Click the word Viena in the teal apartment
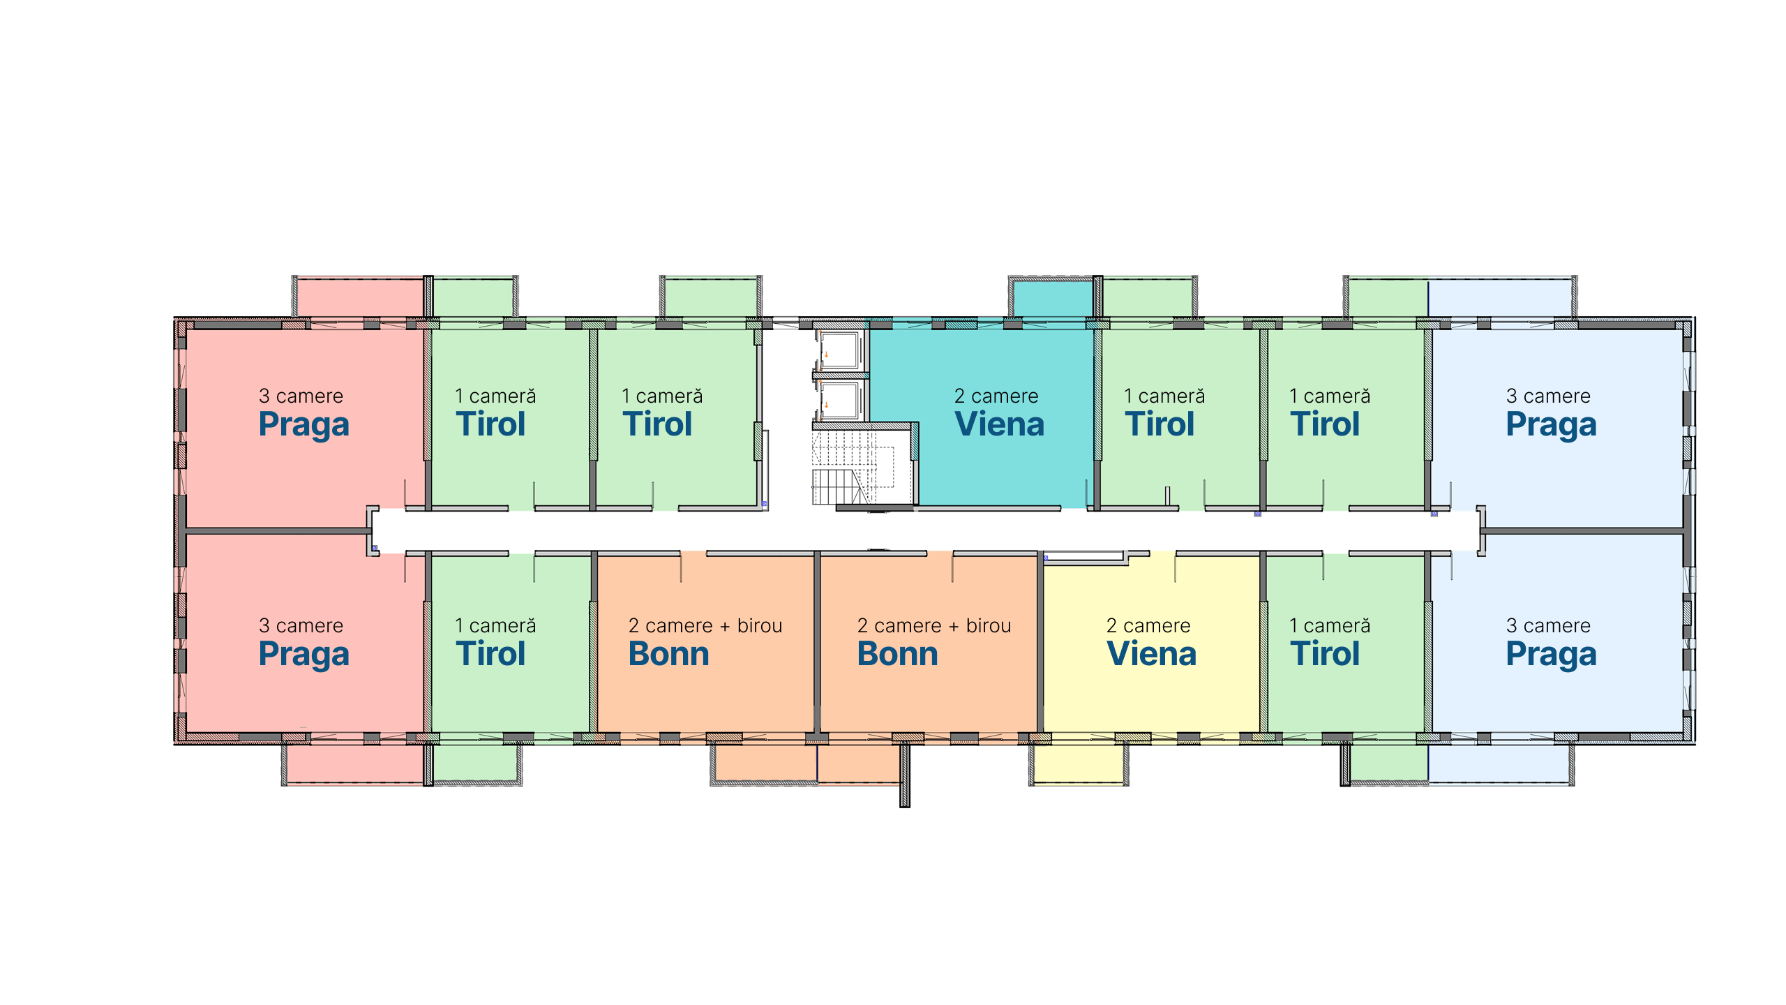[x=999, y=424]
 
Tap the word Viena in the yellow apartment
[x=1151, y=654]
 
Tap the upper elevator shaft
[x=841, y=351]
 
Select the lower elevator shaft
[x=841, y=401]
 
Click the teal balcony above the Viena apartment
[x=1053, y=298]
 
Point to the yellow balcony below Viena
[x=1078, y=764]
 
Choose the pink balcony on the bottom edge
[x=355, y=764]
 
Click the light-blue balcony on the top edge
[x=1500, y=298]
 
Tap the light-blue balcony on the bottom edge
[x=1499, y=764]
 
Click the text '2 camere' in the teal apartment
[x=996, y=396]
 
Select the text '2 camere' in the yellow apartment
[x=1148, y=625]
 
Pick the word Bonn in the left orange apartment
[x=668, y=654]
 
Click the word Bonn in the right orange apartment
[x=897, y=654]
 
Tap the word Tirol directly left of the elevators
[x=657, y=424]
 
